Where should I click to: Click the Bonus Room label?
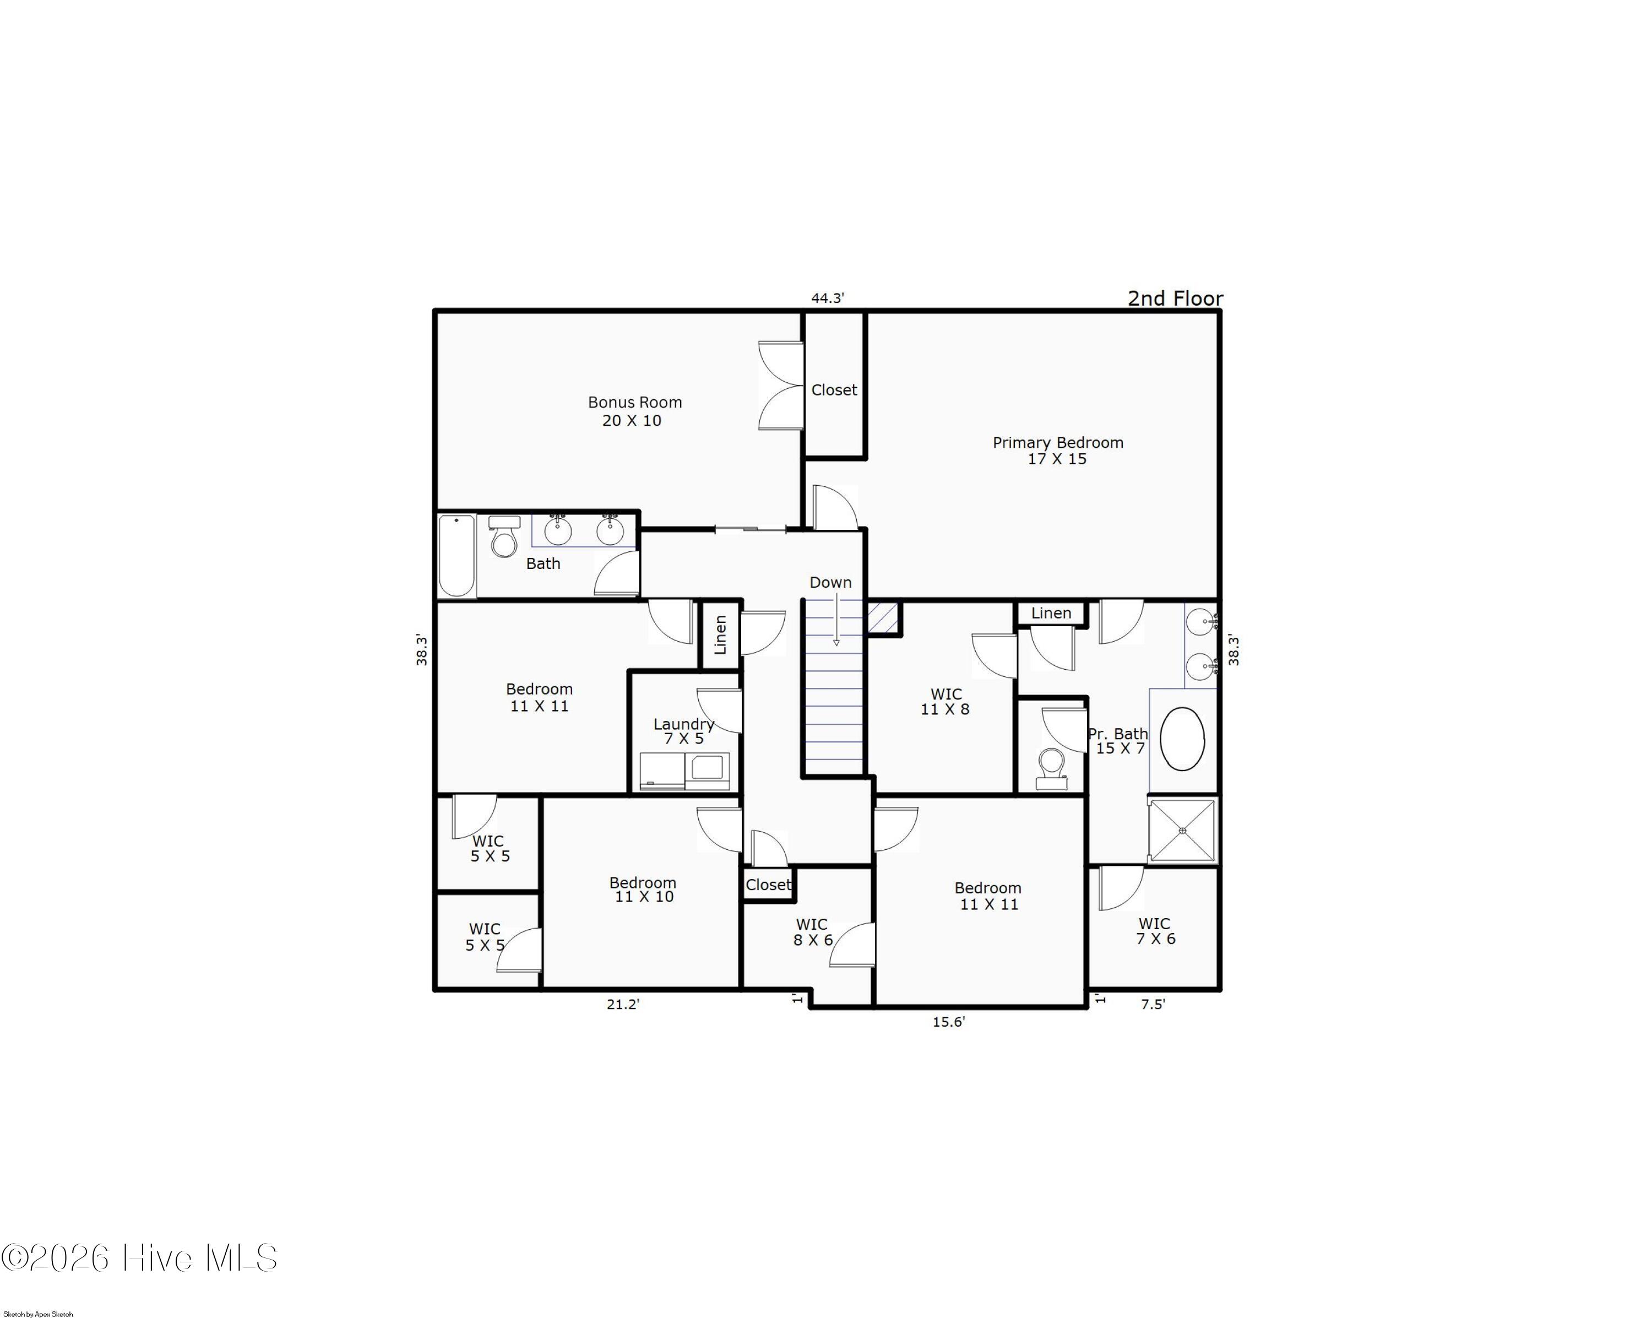coord(634,411)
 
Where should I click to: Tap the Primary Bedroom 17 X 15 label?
coord(1057,451)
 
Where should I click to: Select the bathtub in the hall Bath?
coord(457,556)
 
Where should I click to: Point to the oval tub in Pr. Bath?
coord(1182,738)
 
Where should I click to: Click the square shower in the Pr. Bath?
coord(1182,831)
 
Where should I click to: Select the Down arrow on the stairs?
coord(836,621)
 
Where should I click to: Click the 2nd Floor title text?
coord(1175,298)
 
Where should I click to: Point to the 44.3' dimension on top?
coord(828,298)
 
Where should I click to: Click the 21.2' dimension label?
coord(622,1005)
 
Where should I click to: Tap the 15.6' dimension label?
coord(948,1022)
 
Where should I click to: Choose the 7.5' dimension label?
coord(1153,1005)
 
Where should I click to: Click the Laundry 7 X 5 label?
coord(683,731)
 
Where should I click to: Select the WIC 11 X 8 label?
coord(945,702)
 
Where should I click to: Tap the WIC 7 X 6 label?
coord(1155,931)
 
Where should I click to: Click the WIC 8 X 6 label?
coord(812,932)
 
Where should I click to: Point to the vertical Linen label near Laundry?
coord(720,634)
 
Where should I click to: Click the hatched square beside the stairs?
coord(883,617)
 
